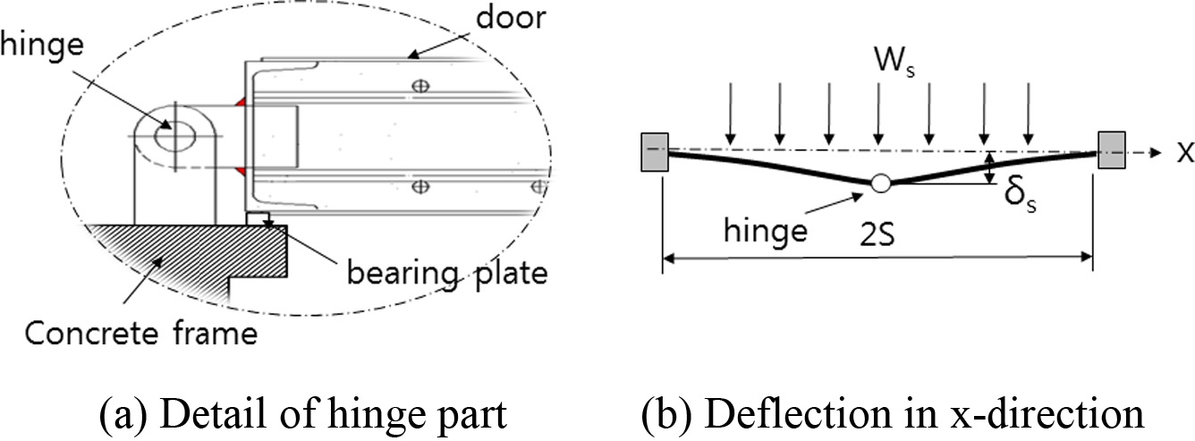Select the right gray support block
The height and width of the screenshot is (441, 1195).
(1111, 150)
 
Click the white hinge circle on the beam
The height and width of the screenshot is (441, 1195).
(881, 182)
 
